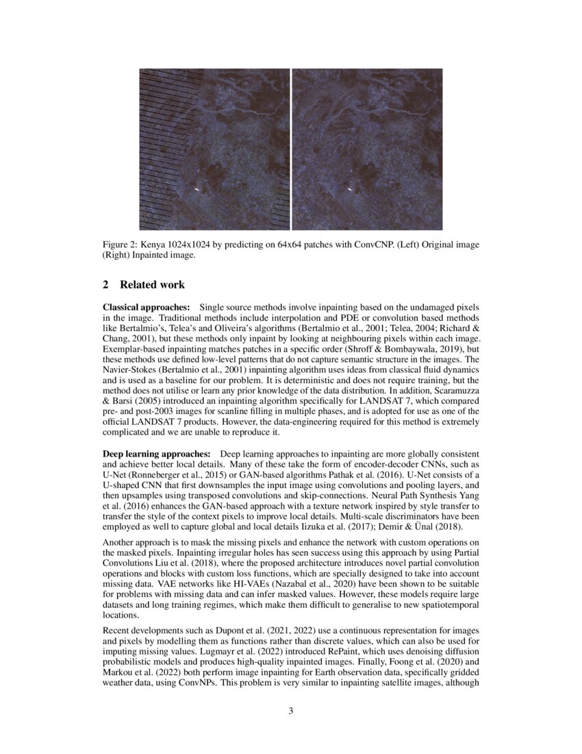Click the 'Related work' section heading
click(x=152, y=284)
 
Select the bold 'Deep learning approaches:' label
click(x=156, y=454)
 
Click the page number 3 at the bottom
click(x=291, y=711)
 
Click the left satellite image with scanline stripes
click(x=214, y=149)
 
